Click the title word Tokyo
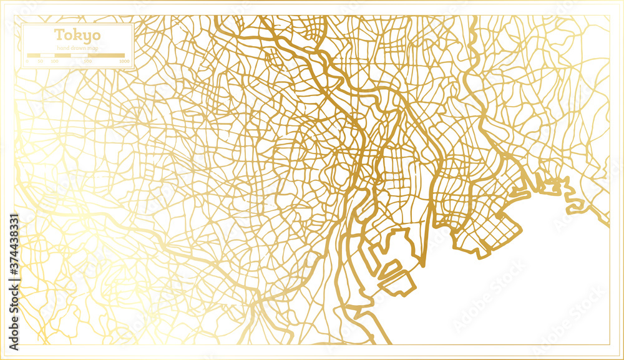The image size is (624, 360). coord(77,35)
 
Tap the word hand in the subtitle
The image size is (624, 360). coord(62,48)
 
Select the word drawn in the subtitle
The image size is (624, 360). coord(78,48)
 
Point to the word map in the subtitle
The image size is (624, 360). coord(93,48)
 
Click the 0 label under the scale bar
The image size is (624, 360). coord(28,62)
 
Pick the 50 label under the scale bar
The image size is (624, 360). coord(41,62)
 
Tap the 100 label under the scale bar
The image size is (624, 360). coord(55,62)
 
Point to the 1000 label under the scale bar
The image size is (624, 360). coord(124,62)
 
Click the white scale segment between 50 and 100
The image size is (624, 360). coord(47,56)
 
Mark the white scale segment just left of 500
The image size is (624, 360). coord(79,56)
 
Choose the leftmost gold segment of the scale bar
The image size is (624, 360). coord(34,56)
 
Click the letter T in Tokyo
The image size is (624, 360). coord(58,34)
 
